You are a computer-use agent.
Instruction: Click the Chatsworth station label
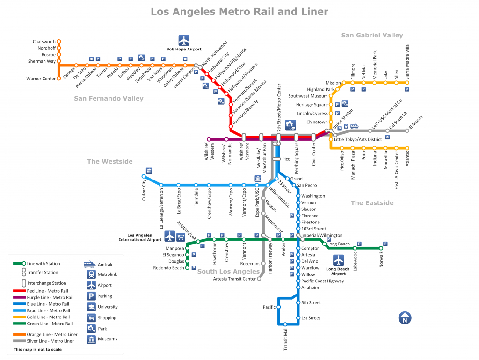click(44, 42)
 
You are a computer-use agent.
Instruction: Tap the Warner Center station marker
click(59, 79)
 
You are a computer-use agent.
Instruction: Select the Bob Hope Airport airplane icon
click(184, 40)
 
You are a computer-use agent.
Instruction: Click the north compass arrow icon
click(405, 318)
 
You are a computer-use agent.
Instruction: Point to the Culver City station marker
click(144, 176)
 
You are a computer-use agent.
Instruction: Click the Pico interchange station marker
click(276, 159)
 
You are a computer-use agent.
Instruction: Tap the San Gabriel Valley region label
click(372, 35)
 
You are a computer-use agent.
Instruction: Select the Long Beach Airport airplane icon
click(338, 260)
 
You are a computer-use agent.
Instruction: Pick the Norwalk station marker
click(381, 248)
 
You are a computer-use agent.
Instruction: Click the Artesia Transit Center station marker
click(259, 279)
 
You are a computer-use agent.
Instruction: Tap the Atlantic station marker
click(407, 148)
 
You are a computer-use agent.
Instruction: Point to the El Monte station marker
click(407, 130)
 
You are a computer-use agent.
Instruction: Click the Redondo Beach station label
click(169, 268)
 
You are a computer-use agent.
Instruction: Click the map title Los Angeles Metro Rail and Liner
click(239, 11)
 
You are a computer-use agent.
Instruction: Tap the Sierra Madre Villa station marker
click(407, 83)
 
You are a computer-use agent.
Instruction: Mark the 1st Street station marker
click(298, 318)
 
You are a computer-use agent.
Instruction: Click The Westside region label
click(110, 162)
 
